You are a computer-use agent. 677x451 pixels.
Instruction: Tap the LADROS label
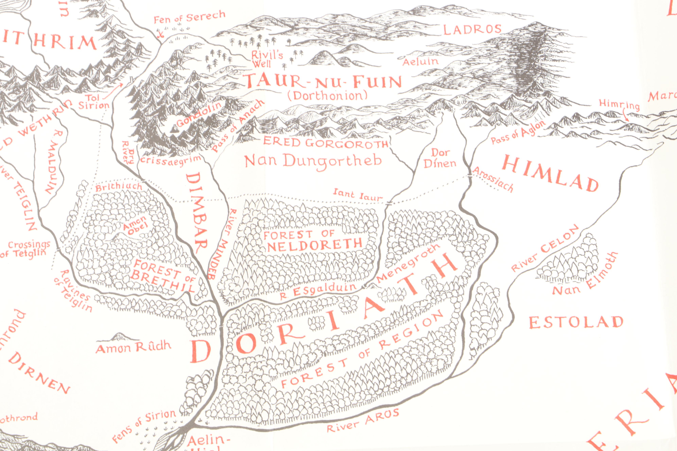(472, 29)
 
